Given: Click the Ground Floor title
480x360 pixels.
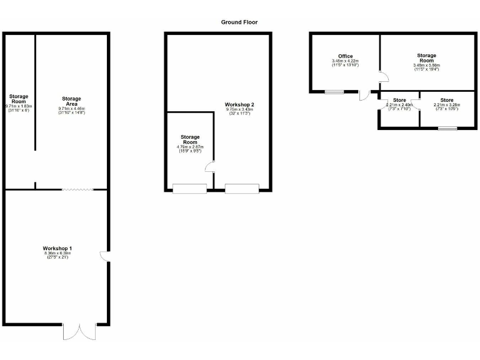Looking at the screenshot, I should pyautogui.click(x=239, y=22).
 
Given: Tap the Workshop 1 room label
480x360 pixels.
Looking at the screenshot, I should pyautogui.click(x=57, y=249).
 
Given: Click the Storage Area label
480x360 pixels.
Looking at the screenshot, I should pyautogui.click(x=71, y=101).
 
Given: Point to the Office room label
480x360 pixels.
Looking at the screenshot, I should pyautogui.click(x=346, y=56).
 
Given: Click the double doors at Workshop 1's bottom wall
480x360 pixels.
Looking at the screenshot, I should pyautogui.click(x=80, y=331).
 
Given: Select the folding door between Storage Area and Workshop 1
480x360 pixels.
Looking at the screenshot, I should pyautogui.click(x=77, y=189).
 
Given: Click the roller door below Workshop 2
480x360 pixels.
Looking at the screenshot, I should pyautogui.click(x=241, y=188).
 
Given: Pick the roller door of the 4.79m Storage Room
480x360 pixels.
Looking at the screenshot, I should pyautogui.click(x=189, y=188).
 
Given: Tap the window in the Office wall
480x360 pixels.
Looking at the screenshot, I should pyautogui.click(x=334, y=92).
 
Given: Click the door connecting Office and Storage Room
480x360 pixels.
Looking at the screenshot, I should pyautogui.click(x=384, y=77).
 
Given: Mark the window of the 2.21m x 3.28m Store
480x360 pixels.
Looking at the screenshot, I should pyautogui.click(x=447, y=128).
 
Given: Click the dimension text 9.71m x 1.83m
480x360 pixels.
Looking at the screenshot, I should pyautogui.click(x=18, y=107).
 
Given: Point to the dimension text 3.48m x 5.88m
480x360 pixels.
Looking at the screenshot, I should pyautogui.click(x=427, y=65).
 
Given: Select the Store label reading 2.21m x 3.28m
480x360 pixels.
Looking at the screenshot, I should pyautogui.click(x=446, y=100).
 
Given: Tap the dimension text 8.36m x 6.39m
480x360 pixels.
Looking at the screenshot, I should pyautogui.click(x=57, y=254).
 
